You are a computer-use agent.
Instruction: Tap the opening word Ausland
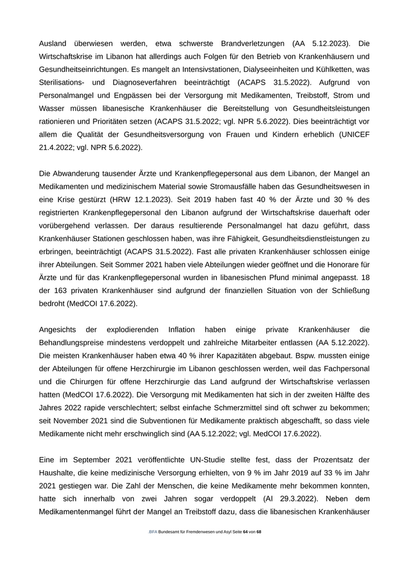[53, 43]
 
